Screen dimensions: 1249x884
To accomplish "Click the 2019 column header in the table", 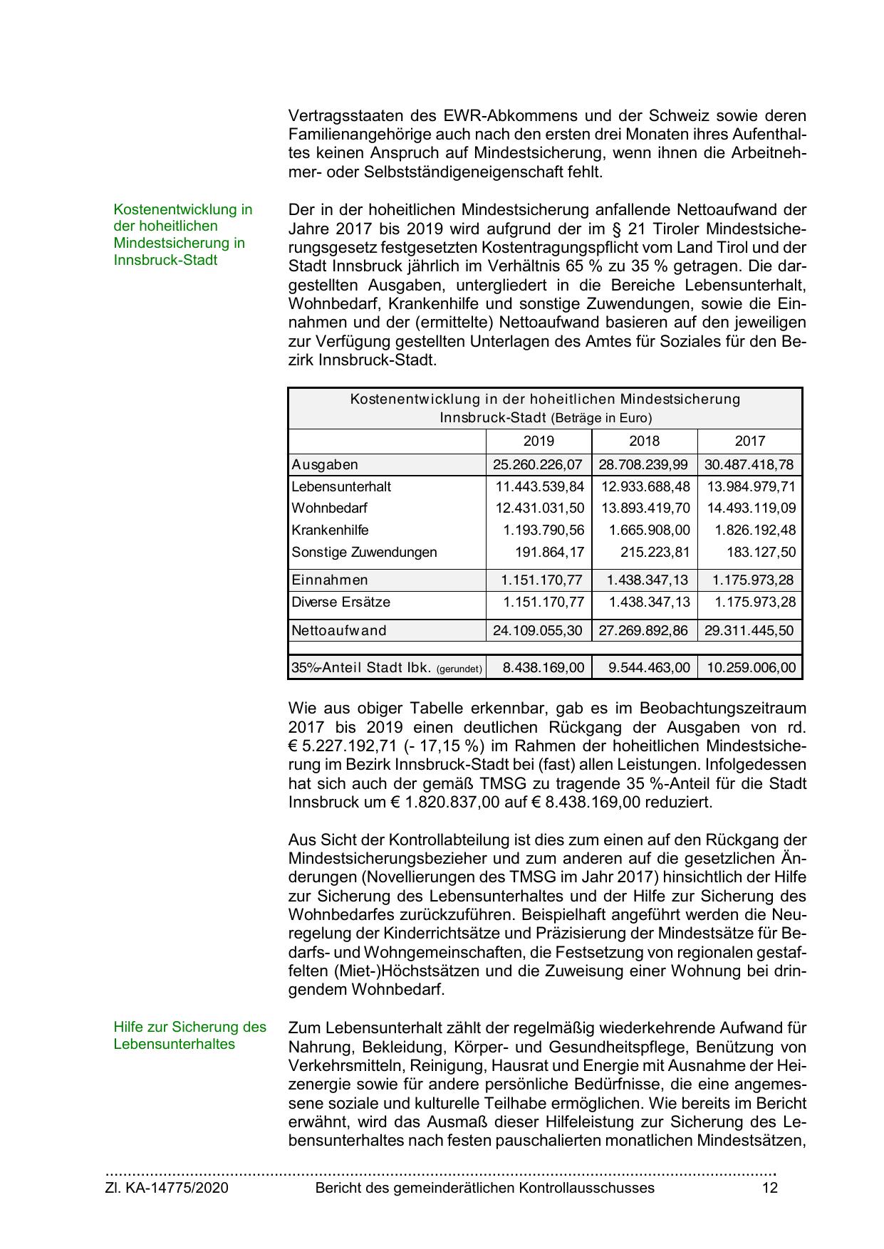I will click(539, 441).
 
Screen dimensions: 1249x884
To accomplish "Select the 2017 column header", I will click(749, 441).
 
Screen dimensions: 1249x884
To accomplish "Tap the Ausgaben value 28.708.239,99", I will click(644, 465).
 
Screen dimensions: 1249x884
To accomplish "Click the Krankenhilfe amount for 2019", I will click(544, 531).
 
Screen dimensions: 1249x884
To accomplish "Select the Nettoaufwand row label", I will click(338, 631).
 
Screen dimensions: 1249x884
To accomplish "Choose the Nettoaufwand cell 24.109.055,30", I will click(538, 631).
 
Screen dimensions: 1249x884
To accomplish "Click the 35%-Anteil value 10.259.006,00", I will click(750, 668).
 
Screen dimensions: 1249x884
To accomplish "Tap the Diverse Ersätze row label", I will click(340, 602).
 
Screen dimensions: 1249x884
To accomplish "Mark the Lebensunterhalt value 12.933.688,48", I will click(645, 487).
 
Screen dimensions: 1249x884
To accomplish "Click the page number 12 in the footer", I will click(769, 1188).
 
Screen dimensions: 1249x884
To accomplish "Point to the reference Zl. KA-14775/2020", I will click(167, 1188).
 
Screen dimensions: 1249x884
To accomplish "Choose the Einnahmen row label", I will click(330, 580).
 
